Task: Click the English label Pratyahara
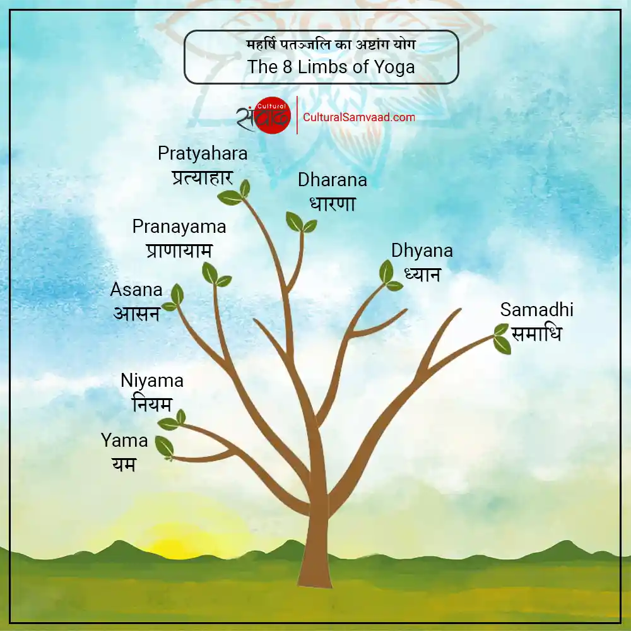203,153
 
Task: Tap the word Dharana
332,180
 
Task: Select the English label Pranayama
179,227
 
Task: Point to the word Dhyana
422,251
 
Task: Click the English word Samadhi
536,310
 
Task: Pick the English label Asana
136,290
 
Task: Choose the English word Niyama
152,380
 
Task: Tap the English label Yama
124,440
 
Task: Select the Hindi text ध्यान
422,274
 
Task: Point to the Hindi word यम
124,464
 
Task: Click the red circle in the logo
272,116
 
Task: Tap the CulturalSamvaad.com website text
359,117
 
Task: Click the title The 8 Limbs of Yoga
331,67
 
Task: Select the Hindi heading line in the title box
331,45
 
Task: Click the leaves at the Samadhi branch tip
502,339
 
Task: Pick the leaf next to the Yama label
164,447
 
